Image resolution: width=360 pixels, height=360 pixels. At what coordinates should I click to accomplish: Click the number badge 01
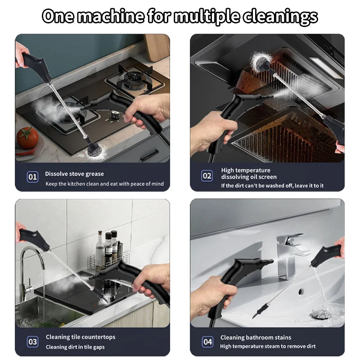(x=33, y=177)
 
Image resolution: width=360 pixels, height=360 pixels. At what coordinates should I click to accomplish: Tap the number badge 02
(x=207, y=176)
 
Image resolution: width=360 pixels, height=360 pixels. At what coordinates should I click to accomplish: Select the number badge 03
(x=33, y=342)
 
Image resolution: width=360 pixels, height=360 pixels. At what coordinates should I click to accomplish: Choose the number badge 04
(x=207, y=342)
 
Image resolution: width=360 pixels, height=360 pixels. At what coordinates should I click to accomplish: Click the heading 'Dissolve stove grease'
(x=74, y=174)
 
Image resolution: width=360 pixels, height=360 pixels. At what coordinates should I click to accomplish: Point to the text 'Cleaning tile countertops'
(x=81, y=337)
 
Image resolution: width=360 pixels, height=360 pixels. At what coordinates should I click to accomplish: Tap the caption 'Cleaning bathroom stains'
(x=256, y=337)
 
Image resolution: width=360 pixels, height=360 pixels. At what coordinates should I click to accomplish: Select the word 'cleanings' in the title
(x=282, y=17)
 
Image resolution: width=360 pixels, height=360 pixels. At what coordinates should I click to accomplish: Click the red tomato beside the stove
(x=27, y=138)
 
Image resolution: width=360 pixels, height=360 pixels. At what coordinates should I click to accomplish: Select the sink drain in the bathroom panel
(x=321, y=314)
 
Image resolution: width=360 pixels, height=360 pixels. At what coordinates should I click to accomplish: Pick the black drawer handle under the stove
(x=148, y=156)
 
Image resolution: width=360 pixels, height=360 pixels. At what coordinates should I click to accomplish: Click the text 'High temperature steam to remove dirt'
(x=268, y=346)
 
